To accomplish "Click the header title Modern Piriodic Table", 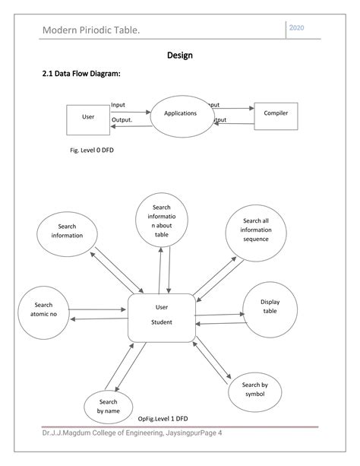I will click(x=90, y=30).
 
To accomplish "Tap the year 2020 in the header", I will click(x=298, y=28).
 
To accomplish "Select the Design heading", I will click(x=179, y=55).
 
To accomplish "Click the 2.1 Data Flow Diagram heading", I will click(x=81, y=74).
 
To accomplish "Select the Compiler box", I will click(x=276, y=114).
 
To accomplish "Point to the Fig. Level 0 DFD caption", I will click(x=92, y=151).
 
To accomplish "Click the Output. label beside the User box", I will click(x=122, y=120).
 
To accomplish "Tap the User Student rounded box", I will click(x=161, y=315).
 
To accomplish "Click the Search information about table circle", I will click(x=161, y=220).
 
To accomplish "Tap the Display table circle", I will click(x=270, y=308).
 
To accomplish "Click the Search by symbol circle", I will click(x=254, y=390).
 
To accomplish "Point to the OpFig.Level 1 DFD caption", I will click(x=163, y=419).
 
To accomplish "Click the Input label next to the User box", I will click(x=118, y=105).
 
